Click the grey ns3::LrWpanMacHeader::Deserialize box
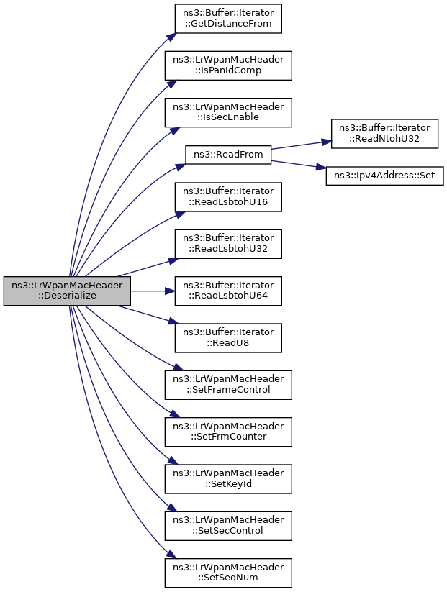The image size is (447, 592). [x=67, y=291]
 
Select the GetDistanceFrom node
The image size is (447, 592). [x=228, y=19]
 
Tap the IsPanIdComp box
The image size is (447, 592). [x=228, y=65]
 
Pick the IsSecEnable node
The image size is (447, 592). [x=228, y=112]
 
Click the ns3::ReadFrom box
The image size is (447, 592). [x=228, y=155]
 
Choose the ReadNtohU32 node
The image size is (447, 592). [x=384, y=134]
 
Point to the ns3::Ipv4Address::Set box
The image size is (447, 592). [x=384, y=176]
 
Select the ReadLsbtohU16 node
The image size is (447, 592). [x=228, y=197]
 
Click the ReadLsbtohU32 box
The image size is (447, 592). [x=228, y=244]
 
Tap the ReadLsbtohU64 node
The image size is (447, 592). [x=228, y=291]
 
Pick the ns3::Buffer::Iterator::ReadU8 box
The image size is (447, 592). [x=228, y=338]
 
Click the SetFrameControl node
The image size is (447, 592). [x=228, y=385]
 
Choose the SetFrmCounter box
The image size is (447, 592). [x=228, y=432]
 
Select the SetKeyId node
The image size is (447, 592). [x=228, y=479]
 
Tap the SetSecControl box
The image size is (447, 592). [x=228, y=526]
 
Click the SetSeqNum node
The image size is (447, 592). [x=228, y=573]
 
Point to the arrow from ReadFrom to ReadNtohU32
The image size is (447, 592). [x=302, y=145]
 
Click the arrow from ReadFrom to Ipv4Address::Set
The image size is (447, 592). [x=299, y=164]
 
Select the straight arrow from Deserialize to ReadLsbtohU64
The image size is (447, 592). [x=153, y=291]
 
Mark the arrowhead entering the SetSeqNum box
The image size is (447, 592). [x=171, y=555]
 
